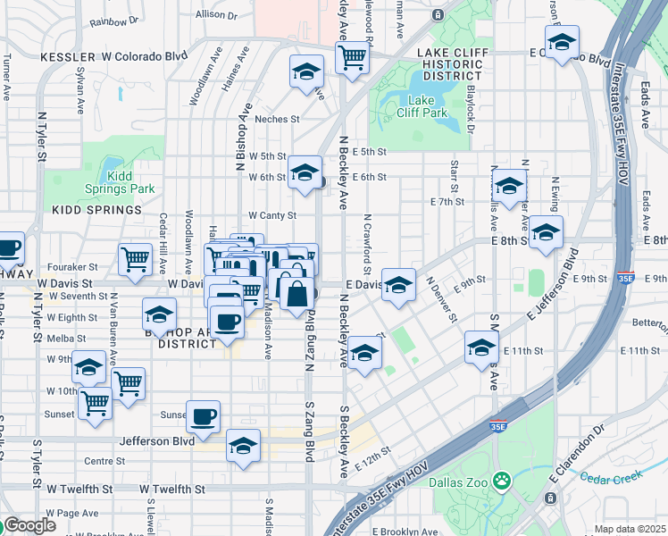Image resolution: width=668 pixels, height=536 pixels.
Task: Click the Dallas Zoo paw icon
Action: (x=503, y=481)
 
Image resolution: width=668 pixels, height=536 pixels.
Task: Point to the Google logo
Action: (x=29, y=525)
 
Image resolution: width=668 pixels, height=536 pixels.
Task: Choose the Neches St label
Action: (x=277, y=119)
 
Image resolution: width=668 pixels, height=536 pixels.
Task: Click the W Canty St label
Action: (x=272, y=215)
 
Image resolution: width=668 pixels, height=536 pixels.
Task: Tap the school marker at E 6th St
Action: (x=305, y=171)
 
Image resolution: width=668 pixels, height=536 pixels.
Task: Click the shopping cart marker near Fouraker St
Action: (x=135, y=259)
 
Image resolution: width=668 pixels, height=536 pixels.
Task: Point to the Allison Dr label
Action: (x=217, y=15)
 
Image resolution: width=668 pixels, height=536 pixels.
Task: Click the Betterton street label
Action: (x=649, y=322)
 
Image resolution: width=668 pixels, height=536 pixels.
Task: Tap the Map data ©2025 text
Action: (x=630, y=529)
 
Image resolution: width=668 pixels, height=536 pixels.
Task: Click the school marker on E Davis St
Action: (x=399, y=284)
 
